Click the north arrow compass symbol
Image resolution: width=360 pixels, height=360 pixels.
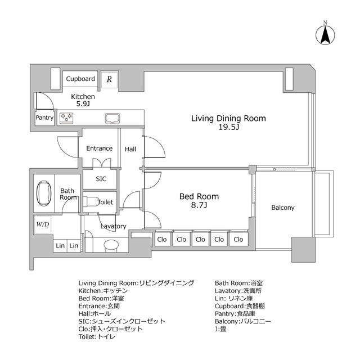point(325,35)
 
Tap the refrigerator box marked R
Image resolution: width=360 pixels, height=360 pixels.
point(109,79)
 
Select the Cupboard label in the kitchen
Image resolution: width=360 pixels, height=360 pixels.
point(80,79)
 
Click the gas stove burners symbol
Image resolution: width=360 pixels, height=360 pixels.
point(66,118)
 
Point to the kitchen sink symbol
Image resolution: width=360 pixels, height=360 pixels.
point(112,118)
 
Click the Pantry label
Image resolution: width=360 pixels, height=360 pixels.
point(44,118)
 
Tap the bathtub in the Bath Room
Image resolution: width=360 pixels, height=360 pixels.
point(44,193)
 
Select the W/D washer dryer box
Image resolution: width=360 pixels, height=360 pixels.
point(43,224)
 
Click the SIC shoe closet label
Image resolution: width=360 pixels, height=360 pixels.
point(101,179)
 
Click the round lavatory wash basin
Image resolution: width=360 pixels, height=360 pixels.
point(111,245)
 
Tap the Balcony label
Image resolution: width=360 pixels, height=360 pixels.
point(283,208)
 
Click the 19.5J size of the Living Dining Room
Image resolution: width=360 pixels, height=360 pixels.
point(229,127)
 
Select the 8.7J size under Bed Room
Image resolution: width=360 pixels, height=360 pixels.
point(199,205)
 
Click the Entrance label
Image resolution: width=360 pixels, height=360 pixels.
point(100,148)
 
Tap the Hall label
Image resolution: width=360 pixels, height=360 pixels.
point(130,149)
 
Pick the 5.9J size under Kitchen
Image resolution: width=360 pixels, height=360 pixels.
point(83,103)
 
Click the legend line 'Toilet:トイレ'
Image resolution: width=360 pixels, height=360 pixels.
point(97,336)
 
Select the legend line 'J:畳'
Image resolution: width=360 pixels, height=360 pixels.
point(220,329)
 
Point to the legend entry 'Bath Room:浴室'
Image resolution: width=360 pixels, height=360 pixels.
point(238,283)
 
